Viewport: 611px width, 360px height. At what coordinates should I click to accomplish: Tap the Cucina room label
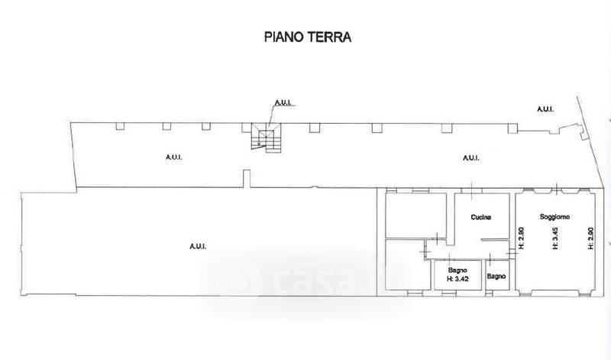pos(481,217)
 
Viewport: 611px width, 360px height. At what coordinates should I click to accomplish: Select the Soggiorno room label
pos(555,216)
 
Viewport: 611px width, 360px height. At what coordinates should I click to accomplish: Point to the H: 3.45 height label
pos(555,238)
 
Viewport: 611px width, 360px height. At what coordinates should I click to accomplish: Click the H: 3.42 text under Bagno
pos(457,278)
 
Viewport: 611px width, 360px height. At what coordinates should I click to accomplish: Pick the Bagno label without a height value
pos(496,276)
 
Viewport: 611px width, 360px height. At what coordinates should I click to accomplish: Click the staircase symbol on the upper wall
pos(266,138)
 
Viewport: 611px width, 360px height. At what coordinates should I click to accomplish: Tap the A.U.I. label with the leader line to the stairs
pos(285,103)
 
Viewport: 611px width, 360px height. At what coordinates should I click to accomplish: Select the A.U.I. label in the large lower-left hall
pos(198,246)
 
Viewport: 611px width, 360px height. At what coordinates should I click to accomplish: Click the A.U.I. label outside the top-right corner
pos(545,109)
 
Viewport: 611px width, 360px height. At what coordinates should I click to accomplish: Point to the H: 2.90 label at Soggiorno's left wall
pos(522,238)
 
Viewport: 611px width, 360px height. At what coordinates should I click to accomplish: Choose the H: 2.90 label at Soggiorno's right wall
pos(590,238)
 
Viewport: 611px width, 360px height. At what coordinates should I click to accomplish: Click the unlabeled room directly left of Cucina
pos(415,215)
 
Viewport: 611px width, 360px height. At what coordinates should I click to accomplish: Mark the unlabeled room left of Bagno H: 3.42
pos(408,264)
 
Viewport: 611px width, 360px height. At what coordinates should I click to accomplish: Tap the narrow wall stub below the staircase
pos(246,179)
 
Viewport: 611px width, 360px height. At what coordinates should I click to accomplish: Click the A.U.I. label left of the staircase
pos(174,157)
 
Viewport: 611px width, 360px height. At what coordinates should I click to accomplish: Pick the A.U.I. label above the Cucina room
pos(471,158)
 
